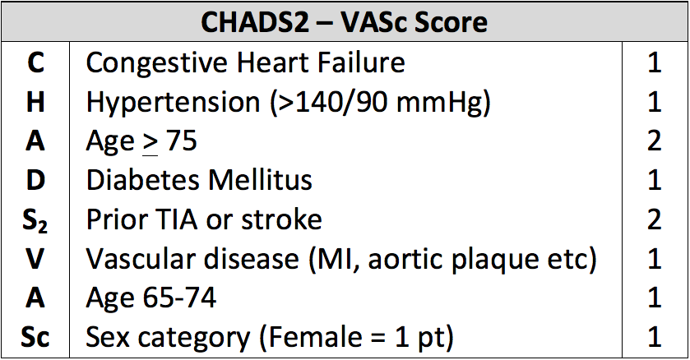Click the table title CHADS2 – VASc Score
tap(344, 22)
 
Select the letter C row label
tap(35, 62)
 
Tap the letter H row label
tap(35, 102)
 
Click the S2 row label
tap(35, 220)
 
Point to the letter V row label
tap(35, 258)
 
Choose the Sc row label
tap(35, 337)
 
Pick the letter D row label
tap(35, 180)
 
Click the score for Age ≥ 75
tap(655, 141)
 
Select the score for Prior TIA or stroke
tap(655, 219)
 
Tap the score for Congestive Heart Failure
tap(655, 62)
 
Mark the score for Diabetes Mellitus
tap(655, 180)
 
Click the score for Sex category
tap(655, 337)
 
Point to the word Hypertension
tap(173, 104)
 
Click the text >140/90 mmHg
tap(381, 104)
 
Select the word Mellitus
tap(260, 180)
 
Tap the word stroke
tap(281, 219)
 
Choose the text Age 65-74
tap(151, 299)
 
